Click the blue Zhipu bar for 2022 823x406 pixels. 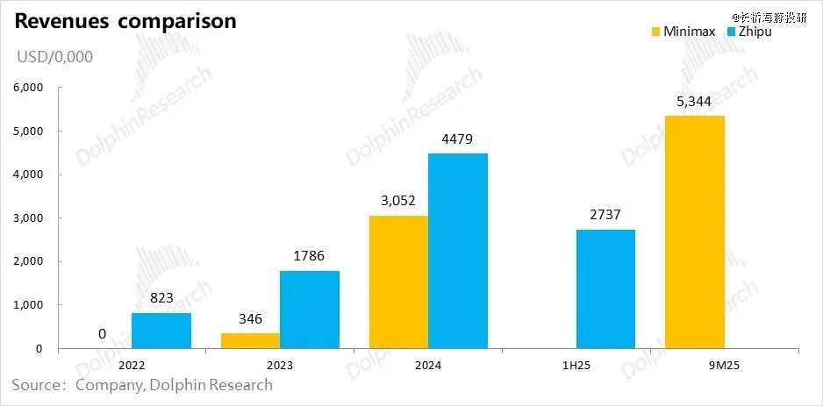(x=161, y=331)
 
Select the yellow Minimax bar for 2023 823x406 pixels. (x=249, y=341)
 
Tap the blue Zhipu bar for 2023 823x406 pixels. (x=309, y=310)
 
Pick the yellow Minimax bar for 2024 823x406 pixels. (x=398, y=282)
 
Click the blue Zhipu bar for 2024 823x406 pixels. (x=457, y=251)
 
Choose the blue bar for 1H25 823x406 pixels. (x=605, y=289)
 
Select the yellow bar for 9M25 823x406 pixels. (x=695, y=232)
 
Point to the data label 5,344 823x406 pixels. (x=695, y=102)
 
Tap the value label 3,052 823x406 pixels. (x=398, y=202)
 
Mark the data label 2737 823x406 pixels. (x=605, y=216)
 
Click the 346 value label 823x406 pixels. (x=249, y=319)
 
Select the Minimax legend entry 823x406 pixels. (x=683, y=32)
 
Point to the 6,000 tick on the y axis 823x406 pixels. (x=26, y=89)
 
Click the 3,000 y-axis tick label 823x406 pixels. (x=26, y=218)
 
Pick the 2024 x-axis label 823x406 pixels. (x=427, y=365)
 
